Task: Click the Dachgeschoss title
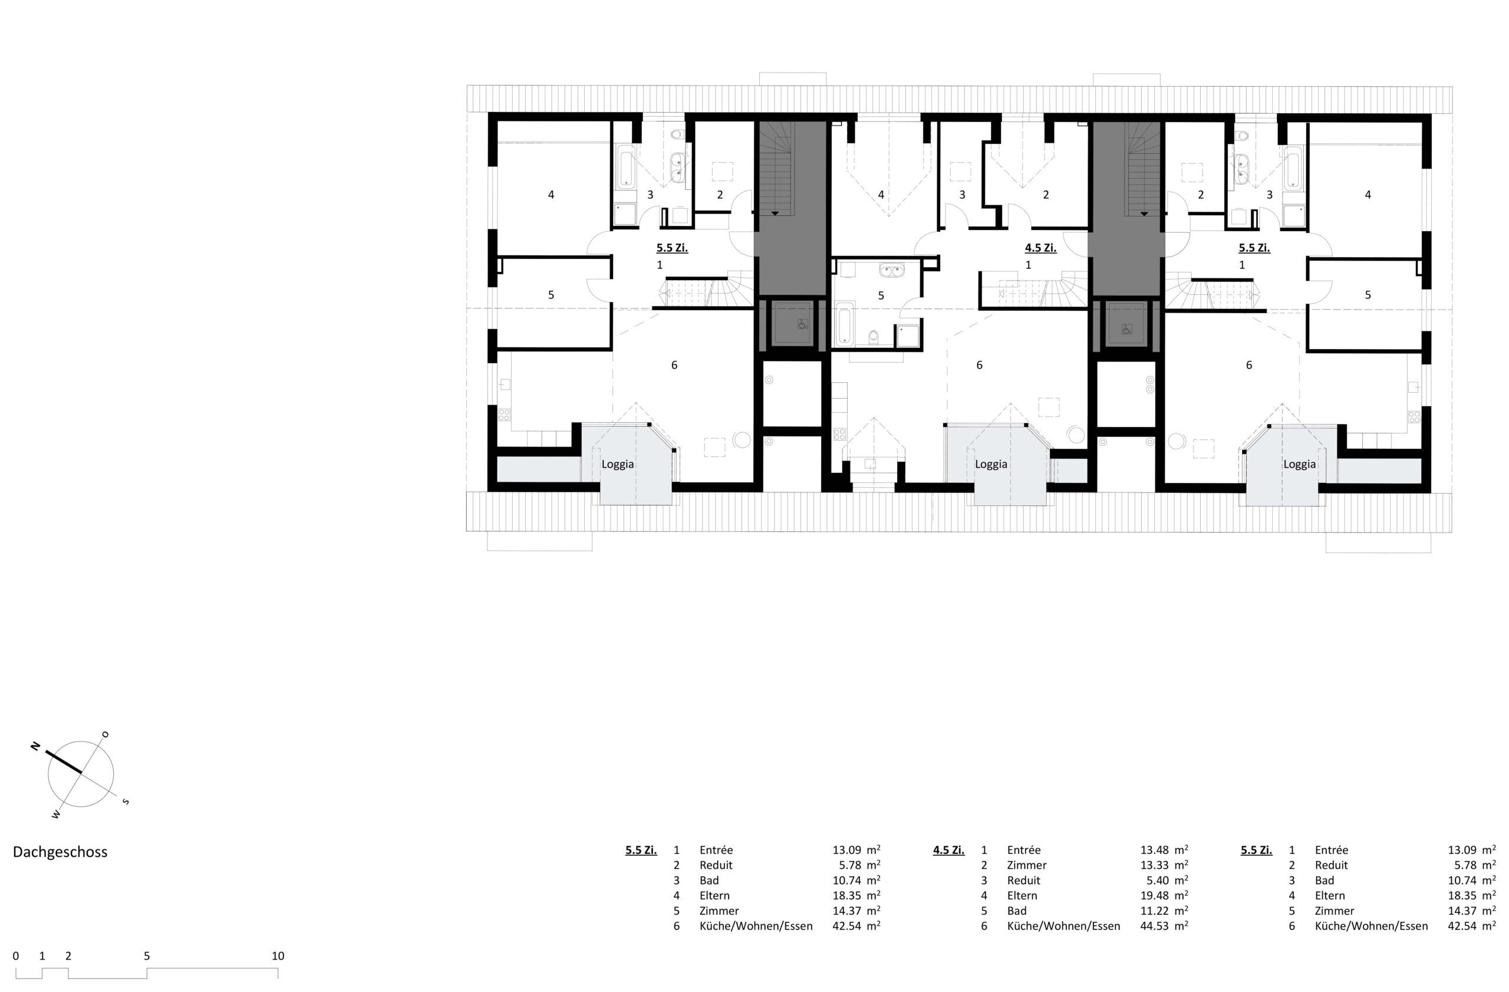coord(60,852)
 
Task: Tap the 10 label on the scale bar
coord(278,956)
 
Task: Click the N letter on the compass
coord(35,746)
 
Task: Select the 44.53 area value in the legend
coord(1154,925)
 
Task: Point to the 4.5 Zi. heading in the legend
coord(948,850)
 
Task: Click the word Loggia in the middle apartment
coord(991,464)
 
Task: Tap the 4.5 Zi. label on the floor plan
coord(1040,248)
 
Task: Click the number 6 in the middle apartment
coord(980,364)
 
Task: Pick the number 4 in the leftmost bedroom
coord(551,195)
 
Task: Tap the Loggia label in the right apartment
coord(1300,464)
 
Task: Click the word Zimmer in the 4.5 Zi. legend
coord(1026,865)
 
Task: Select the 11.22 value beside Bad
coord(1154,910)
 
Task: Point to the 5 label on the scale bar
coord(146,956)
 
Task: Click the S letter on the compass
coord(126,802)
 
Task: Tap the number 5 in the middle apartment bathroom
coord(881,295)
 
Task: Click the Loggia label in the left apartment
coord(618,464)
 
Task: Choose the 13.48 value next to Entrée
coord(1154,850)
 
